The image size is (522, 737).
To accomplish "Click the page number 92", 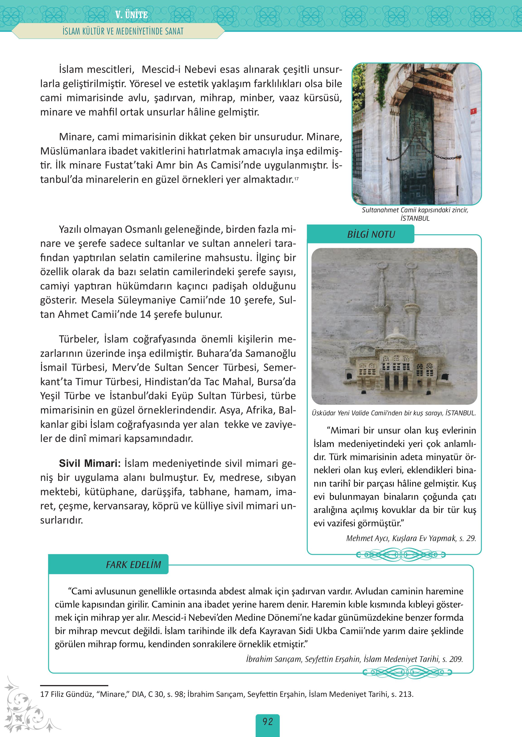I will (267, 722).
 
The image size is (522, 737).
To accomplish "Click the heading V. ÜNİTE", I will (131, 15).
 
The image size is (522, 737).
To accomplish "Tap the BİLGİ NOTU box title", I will (371, 234).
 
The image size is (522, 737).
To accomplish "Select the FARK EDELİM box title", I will (133, 565).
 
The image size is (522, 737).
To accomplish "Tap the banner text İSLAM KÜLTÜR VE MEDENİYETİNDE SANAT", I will (123, 32).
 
